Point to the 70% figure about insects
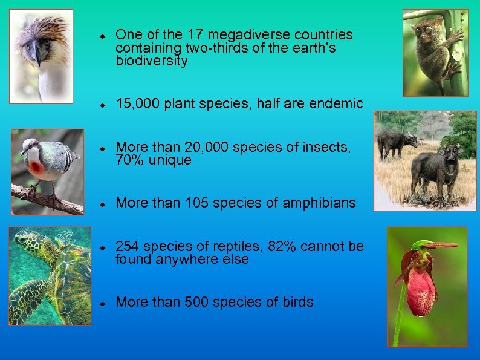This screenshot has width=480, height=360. tap(129, 160)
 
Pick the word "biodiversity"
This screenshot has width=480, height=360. tap(152, 61)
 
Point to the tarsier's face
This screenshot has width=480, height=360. tap(424, 30)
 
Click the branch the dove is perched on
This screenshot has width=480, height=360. tap(48, 200)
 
